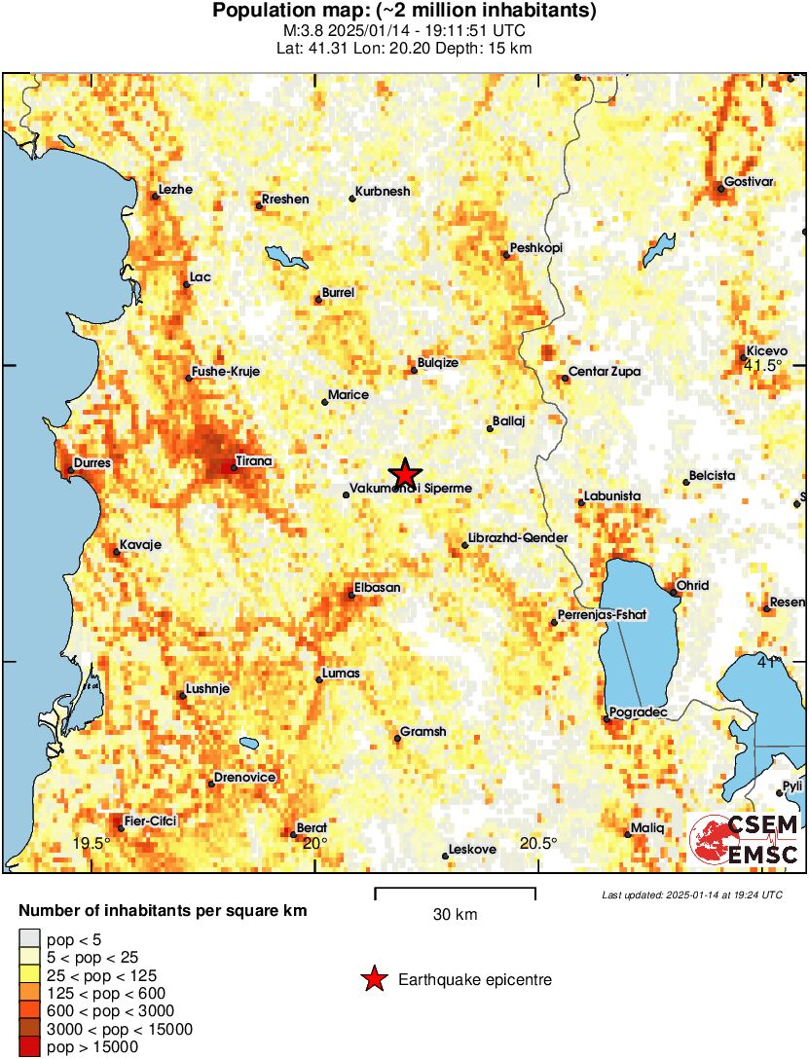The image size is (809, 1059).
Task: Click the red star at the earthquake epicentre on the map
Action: [405, 473]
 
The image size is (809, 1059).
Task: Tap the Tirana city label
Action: [253, 461]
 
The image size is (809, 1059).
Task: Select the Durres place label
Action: [92, 463]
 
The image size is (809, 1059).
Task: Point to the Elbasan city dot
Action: [351, 595]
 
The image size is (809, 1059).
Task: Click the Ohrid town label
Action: [692, 585]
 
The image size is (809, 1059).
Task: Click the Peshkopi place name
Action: [535, 248]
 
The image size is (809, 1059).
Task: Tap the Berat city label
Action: [312, 826]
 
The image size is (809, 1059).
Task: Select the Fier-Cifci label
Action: [150, 822]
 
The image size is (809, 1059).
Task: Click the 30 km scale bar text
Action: [455, 915]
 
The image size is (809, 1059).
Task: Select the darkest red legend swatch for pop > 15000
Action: [30, 1046]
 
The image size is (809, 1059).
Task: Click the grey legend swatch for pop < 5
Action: [30, 939]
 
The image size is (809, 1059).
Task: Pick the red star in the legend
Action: [373, 980]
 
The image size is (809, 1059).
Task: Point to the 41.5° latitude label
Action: [763, 365]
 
